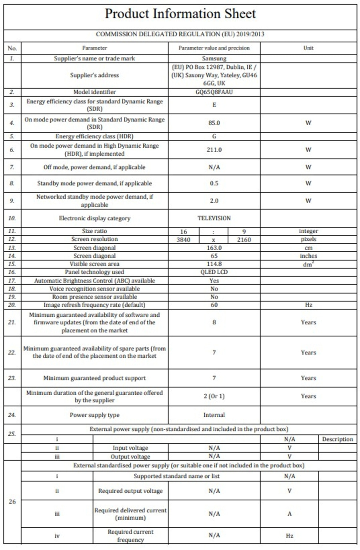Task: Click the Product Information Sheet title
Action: pos(180,14)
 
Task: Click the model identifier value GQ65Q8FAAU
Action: pos(214,92)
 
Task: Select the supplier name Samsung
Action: pos(214,58)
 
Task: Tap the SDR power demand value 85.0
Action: pos(214,123)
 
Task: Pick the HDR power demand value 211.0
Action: pos(214,150)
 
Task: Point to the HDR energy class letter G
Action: pos(214,136)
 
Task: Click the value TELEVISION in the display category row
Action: pos(214,218)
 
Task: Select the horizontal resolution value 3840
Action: pos(183,240)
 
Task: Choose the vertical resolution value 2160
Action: pos(244,240)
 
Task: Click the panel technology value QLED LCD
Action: pos(214,272)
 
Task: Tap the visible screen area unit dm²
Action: pos(308,264)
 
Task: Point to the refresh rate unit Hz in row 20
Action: pos(308,305)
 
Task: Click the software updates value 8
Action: pos(214,322)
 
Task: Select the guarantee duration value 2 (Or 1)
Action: pos(214,396)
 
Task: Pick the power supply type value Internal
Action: pos(214,415)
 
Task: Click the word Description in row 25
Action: pos(337,439)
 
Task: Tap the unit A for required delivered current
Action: pos(289,514)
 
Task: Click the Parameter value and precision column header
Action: pos(214,48)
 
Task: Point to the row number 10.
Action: pos(12,218)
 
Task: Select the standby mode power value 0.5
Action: pos(214,184)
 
